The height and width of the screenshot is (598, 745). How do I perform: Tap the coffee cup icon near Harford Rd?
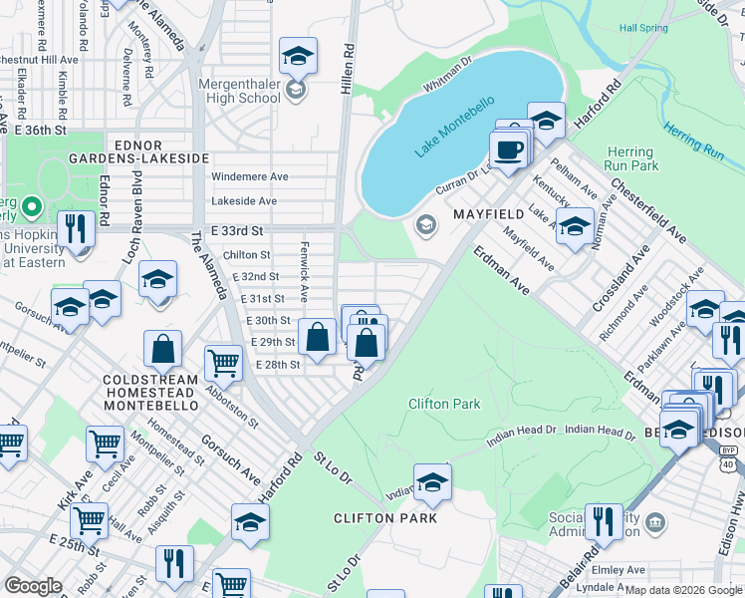click(x=508, y=149)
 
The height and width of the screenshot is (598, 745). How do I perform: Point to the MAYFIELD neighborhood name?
click(x=489, y=215)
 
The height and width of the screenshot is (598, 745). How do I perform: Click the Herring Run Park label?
click(x=631, y=158)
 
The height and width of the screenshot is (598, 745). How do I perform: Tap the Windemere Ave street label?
click(x=250, y=176)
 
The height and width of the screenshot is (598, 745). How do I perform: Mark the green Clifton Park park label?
click(x=444, y=404)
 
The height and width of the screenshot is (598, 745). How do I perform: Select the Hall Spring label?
click(x=643, y=28)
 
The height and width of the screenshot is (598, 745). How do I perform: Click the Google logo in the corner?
click(x=33, y=586)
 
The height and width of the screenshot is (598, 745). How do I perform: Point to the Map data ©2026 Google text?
click(x=683, y=590)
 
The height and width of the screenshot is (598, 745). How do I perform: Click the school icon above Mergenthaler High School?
click(x=297, y=57)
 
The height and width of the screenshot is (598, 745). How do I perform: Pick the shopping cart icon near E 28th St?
click(x=223, y=364)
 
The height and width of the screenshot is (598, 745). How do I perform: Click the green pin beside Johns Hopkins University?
click(x=31, y=207)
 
